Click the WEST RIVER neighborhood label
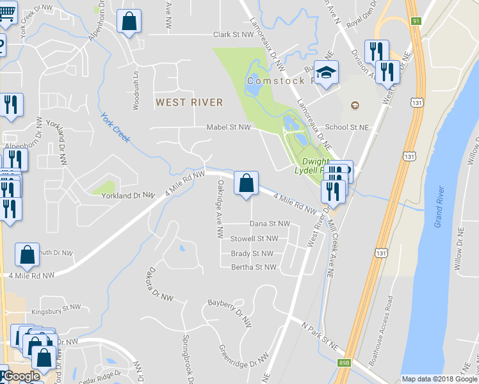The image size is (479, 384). (x=190, y=102)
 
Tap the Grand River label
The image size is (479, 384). (x=439, y=206)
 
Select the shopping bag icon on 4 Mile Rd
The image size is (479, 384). (x=246, y=184)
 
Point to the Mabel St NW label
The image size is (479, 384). (x=229, y=127)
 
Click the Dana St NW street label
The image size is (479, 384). (x=270, y=224)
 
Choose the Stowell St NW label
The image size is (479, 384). (x=254, y=239)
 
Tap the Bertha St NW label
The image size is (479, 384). (x=254, y=267)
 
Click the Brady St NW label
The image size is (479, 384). (x=252, y=253)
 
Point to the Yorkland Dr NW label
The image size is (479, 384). (x=129, y=195)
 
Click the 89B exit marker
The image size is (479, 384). (x=345, y=363)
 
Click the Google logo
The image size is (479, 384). (x=21, y=376)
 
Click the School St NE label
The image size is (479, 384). (x=348, y=127)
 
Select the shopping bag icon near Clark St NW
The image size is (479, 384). (x=129, y=22)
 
